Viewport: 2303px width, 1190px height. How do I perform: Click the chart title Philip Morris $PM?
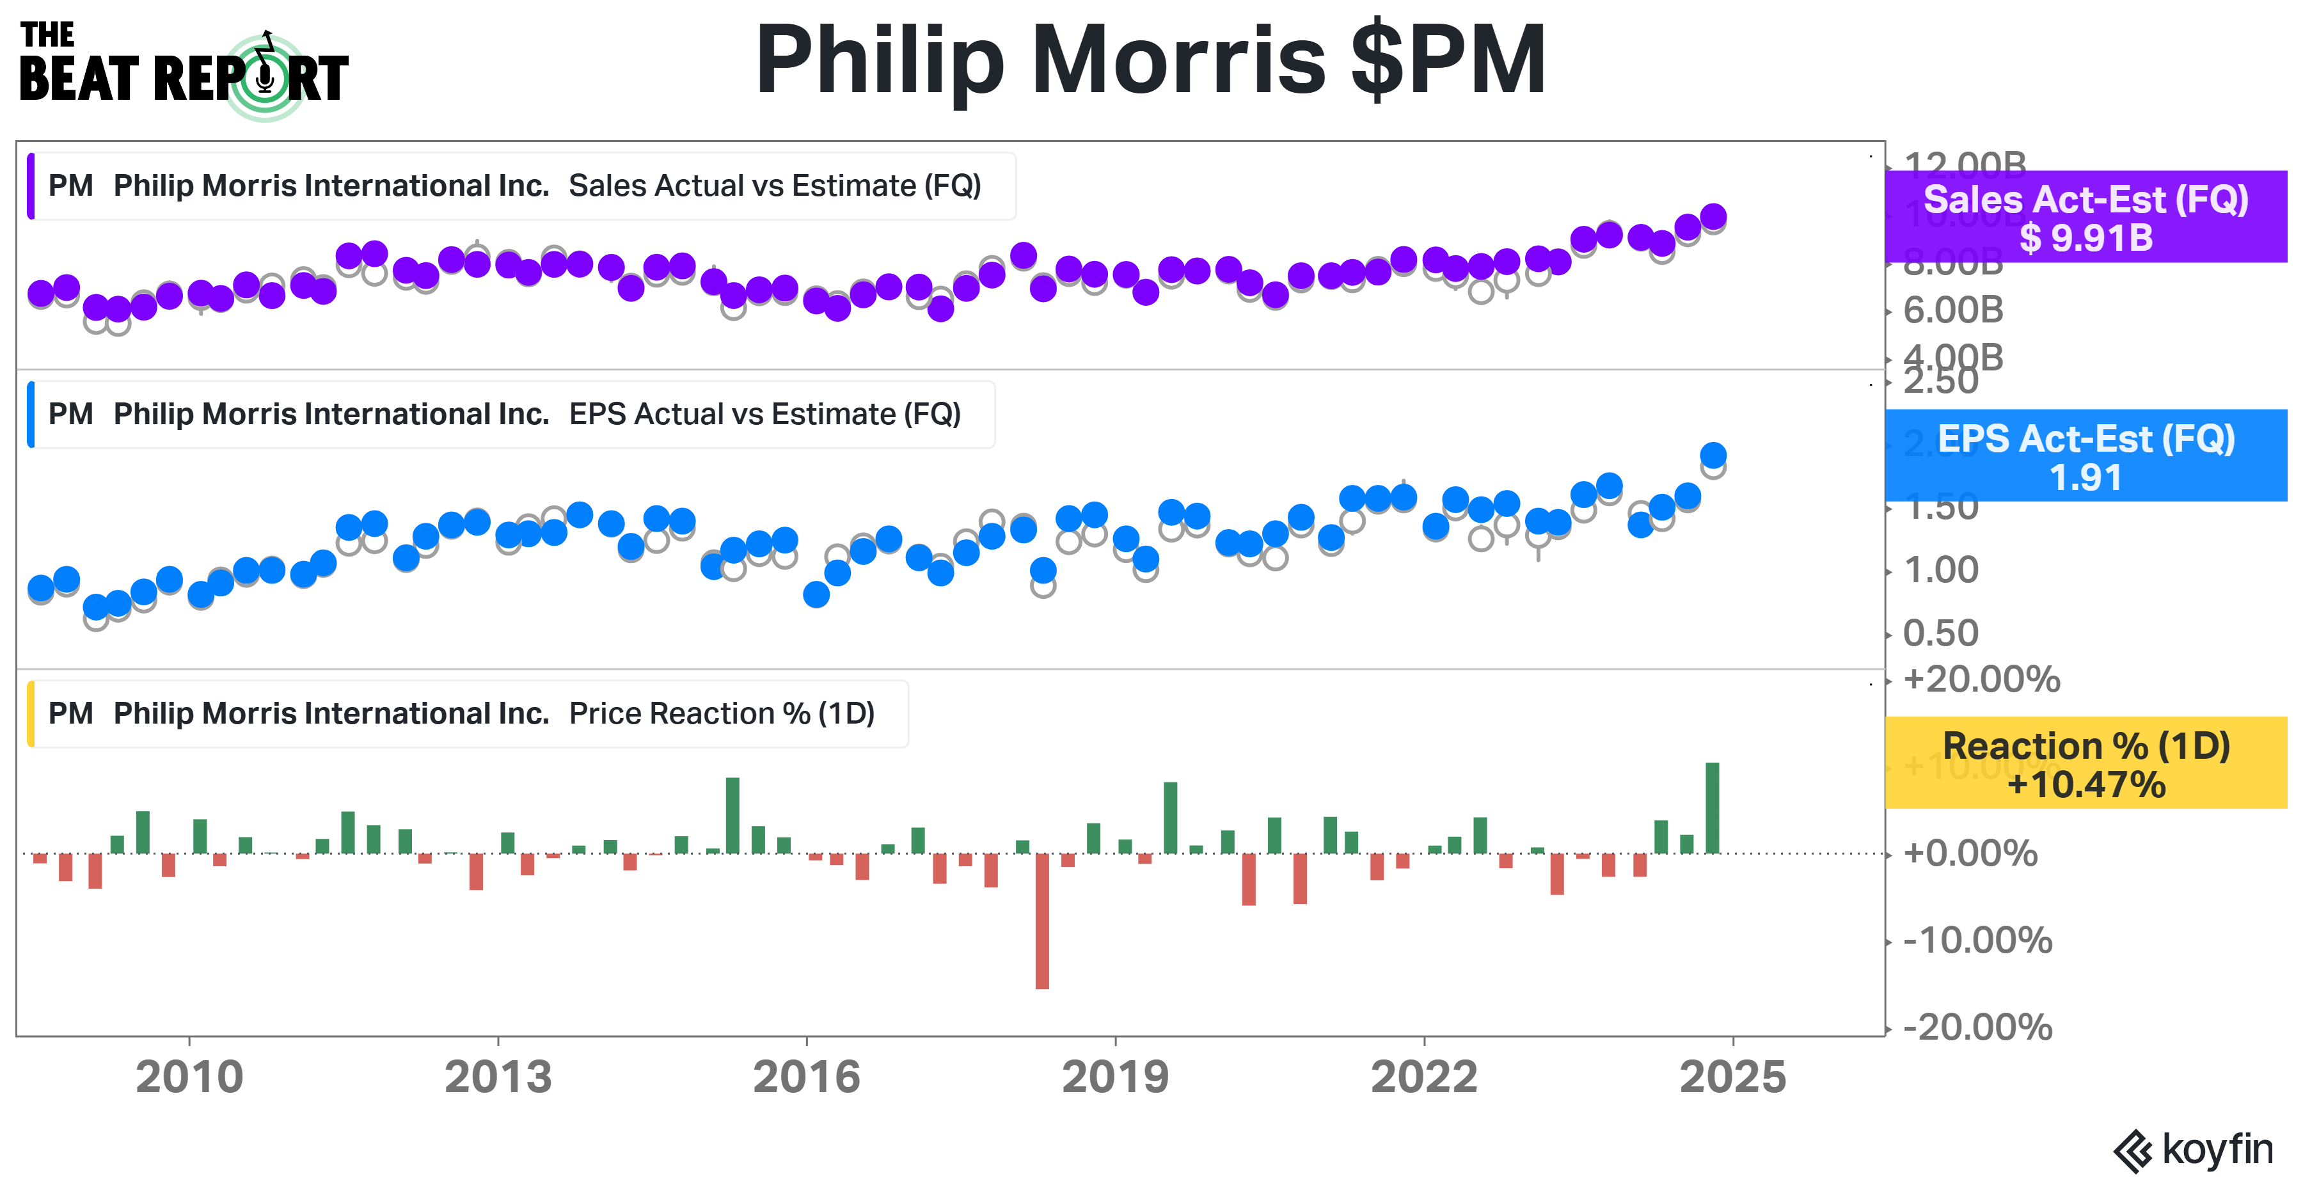1151,61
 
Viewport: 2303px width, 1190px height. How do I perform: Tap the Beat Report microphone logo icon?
265,78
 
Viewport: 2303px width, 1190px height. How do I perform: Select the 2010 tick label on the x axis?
189,1077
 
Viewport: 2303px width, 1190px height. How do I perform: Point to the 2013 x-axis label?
498,1077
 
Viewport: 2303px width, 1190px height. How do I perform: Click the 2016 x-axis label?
807,1077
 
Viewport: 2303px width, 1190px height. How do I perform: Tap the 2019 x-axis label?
1115,1077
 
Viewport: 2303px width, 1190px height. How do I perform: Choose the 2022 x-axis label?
1423,1077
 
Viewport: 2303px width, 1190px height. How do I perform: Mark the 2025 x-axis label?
1732,1077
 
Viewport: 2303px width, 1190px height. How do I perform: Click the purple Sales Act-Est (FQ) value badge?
2085,218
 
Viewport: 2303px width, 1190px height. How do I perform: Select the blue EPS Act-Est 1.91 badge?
2085,456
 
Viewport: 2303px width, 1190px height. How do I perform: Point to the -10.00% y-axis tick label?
1977,940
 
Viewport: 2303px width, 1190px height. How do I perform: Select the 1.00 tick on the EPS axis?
1941,569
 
